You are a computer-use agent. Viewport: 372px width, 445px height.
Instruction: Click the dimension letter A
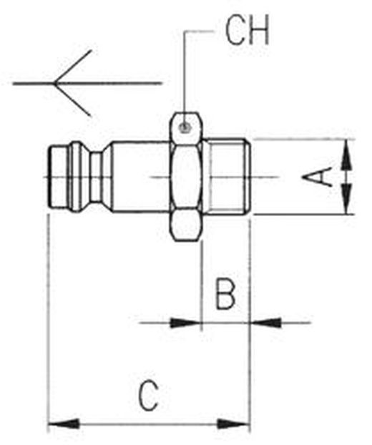[x=318, y=177]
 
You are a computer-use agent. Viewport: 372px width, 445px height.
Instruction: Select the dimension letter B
[x=225, y=293]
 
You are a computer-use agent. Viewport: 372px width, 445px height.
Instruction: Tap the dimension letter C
[x=148, y=396]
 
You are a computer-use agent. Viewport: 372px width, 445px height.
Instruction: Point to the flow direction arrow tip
[x=54, y=83]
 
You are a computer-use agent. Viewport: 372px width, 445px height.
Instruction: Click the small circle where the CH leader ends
[x=185, y=127]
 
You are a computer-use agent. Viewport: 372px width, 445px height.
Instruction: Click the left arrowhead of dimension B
[x=185, y=323]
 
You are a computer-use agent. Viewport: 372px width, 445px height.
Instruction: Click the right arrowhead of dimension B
[x=265, y=323]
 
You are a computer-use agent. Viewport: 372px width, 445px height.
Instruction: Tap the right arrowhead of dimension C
[x=233, y=424]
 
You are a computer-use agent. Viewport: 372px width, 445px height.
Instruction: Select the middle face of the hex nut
[x=187, y=177]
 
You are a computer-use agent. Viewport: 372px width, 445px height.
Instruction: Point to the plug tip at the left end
[x=59, y=177]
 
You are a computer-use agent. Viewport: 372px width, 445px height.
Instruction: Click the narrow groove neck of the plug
[x=97, y=177]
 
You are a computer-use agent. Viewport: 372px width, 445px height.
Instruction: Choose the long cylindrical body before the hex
[x=141, y=177]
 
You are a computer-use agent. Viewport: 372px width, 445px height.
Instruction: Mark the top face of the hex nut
[x=187, y=128]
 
